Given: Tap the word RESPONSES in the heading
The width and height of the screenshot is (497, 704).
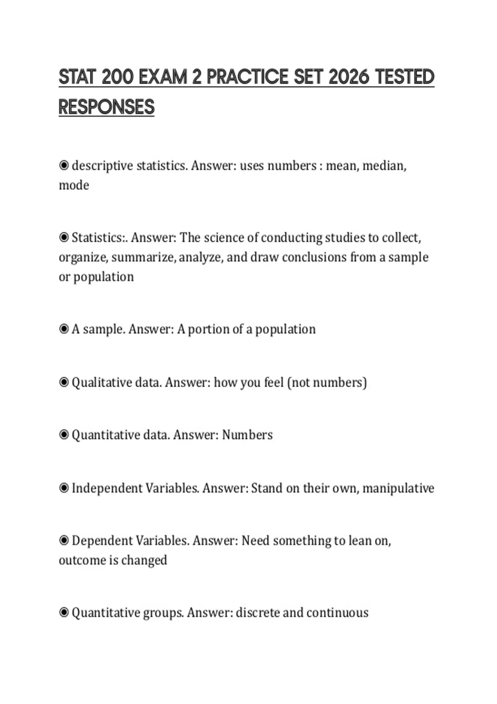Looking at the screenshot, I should (106, 107).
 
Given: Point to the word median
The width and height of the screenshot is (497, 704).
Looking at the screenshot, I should (384, 166).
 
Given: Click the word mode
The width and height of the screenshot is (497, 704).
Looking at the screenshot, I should (74, 185).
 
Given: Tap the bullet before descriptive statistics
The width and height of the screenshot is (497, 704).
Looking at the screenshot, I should (64, 166).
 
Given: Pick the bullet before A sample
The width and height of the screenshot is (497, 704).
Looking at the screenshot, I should (64, 329).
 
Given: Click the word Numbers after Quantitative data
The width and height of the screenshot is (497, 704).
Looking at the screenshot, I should (247, 435).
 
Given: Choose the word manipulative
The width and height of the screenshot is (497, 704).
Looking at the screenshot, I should (398, 488).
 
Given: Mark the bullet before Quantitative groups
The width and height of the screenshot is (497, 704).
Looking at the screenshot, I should (64, 612).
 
